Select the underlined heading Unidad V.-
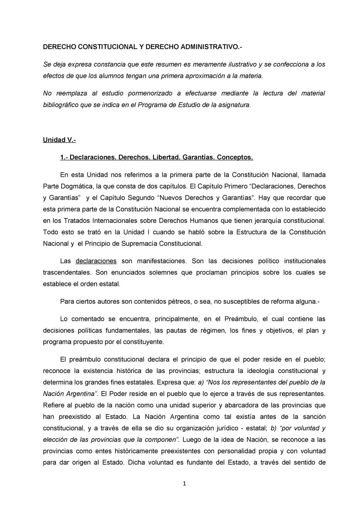click(59, 140)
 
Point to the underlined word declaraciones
click(96, 261)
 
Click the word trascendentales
click(67, 272)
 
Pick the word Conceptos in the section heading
click(235, 157)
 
